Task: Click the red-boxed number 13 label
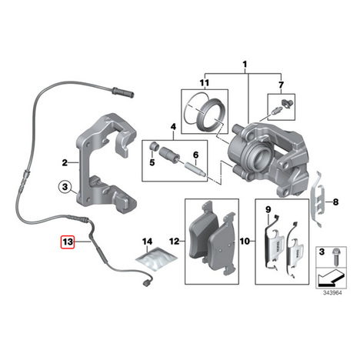[68, 242]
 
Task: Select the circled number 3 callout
[65, 187]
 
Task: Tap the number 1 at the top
[245, 65]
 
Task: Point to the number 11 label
[205, 83]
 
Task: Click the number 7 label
[281, 85]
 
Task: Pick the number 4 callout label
[174, 127]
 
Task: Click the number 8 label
[335, 202]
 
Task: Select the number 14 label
[147, 242]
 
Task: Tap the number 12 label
[175, 242]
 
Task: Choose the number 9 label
[268, 210]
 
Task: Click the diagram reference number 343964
[332, 293]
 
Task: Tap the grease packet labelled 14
[156, 258]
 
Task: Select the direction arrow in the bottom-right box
[332, 278]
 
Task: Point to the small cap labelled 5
[153, 146]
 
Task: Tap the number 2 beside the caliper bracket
[65, 162]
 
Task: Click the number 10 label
[245, 241]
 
